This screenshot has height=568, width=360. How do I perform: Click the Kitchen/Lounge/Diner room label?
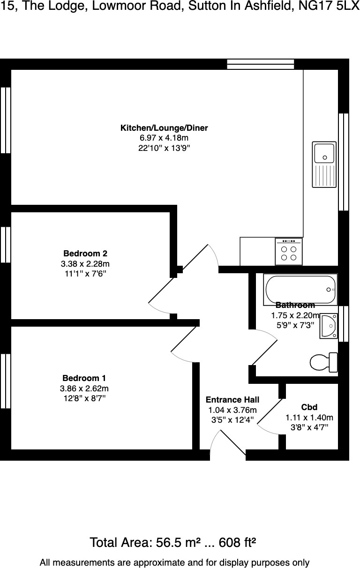(x=164, y=128)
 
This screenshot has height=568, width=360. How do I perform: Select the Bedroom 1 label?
(x=84, y=378)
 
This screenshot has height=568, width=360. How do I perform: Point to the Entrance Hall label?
(x=232, y=400)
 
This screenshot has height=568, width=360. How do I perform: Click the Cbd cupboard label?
(x=309, y=407)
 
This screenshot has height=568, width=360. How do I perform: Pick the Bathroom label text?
(x=295, y=305)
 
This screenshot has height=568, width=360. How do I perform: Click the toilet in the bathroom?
(x=323, y=362)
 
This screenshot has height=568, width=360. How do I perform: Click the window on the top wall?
(x=261, y=64)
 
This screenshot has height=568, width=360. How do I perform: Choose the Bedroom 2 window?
(x=6, y=245)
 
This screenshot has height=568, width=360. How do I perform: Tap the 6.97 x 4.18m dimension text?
(x=164, y=138)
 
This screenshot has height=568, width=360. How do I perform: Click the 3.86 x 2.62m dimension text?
(x=84, y=389)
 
